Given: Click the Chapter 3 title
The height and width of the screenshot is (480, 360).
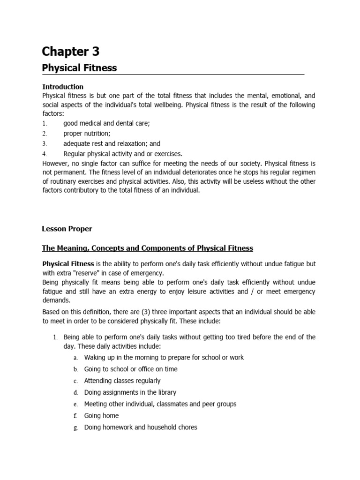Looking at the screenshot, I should pos(70,51).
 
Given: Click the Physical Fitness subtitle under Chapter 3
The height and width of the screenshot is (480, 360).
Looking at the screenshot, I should pos(79,68).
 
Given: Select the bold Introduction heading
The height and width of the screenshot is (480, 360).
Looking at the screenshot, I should pos(63,87).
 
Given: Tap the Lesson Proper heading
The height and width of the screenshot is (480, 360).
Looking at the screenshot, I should pos(67,229).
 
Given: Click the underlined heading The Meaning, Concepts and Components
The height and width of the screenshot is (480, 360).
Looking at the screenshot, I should pos(147,248).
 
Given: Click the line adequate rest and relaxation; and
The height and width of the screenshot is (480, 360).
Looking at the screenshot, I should pos(112,144).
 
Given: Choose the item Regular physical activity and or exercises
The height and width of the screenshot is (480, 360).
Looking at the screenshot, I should pos(122,154).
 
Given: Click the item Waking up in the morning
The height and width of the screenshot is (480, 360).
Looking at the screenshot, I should pos(164,357).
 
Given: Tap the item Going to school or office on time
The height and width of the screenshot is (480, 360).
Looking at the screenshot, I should pos(130,369).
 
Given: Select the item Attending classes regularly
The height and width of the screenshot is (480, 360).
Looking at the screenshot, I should pos(122,381).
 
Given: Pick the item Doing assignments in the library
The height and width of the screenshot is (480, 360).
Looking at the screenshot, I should pos(130,392).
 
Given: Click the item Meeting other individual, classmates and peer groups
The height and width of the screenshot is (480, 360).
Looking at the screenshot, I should pos(160,404).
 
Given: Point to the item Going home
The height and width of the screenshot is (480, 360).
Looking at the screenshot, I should pos(101,415).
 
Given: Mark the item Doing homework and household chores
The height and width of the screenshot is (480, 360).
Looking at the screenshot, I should pos(140,427).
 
